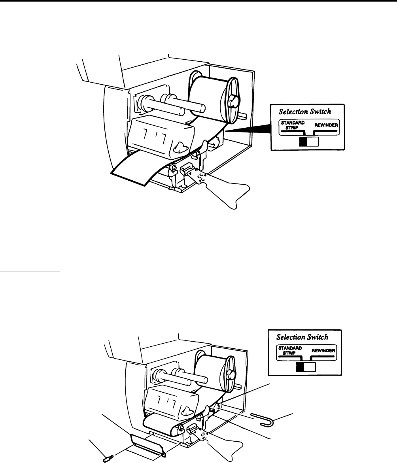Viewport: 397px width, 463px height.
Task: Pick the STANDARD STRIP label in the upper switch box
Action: (293, 125)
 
